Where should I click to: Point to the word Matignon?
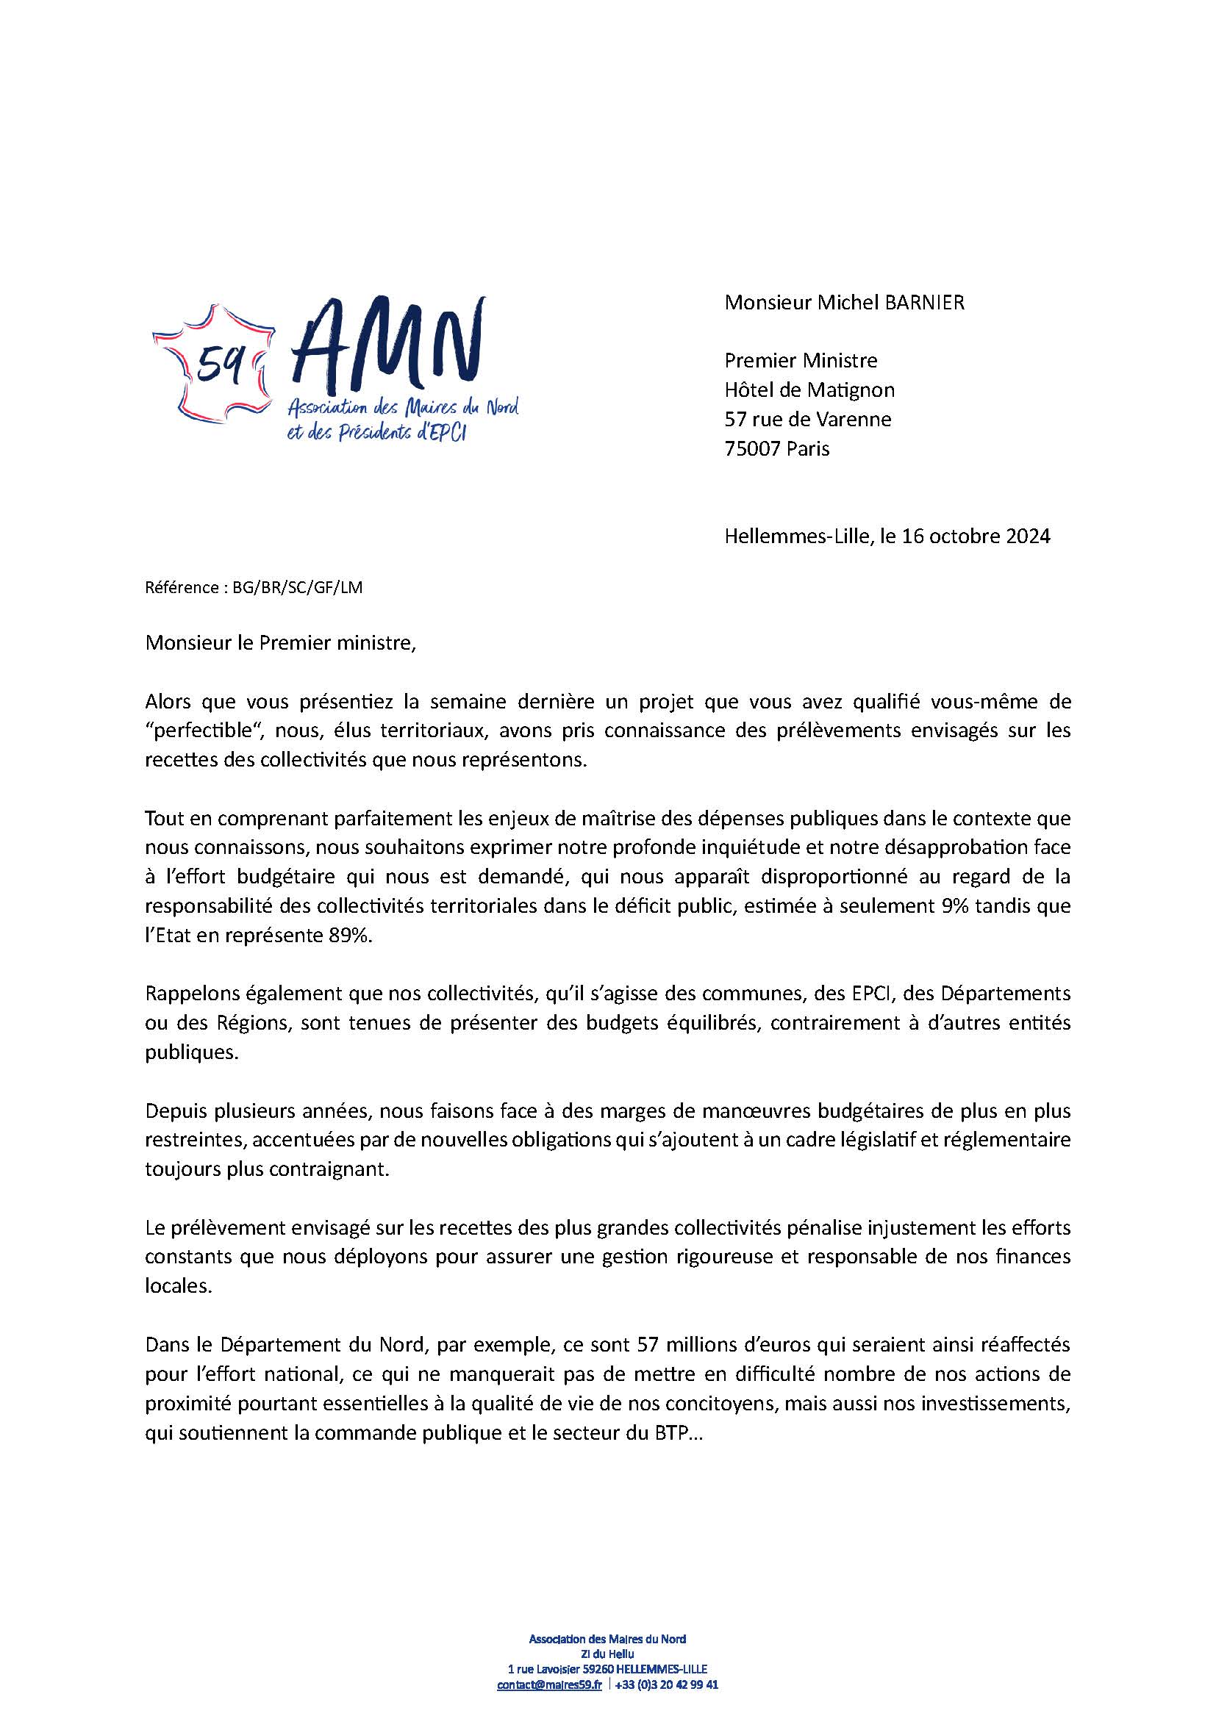852,390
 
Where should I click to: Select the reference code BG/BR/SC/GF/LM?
297,588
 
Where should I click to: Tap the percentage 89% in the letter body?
351,935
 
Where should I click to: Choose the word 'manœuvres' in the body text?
743,1111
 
